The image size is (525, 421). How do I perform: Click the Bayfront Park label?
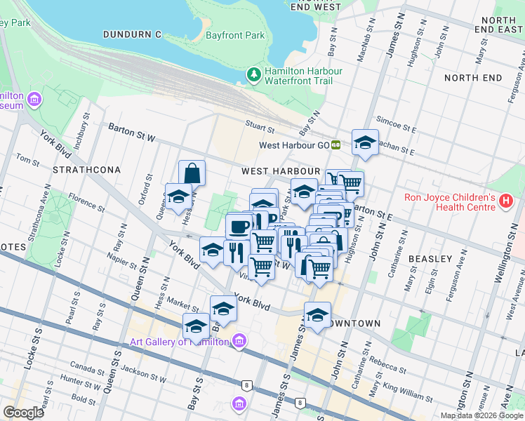235,34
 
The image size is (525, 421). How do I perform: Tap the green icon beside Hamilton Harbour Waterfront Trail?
253,74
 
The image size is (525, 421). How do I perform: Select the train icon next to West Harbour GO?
336,145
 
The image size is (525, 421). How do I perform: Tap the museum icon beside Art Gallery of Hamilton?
240,341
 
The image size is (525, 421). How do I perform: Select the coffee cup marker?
239,226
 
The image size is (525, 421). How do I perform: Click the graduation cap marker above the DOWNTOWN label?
317,314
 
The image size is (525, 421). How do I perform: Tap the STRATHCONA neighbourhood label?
87,170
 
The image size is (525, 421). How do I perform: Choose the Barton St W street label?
131,132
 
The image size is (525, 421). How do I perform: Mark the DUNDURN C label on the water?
132,34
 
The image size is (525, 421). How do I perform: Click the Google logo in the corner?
23,413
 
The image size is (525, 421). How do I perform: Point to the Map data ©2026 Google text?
481,415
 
